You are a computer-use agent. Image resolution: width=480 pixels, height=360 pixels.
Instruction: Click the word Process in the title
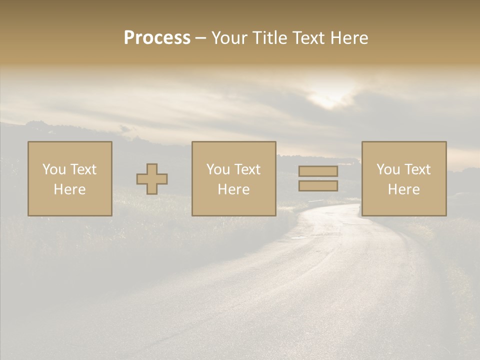tap(157, 37)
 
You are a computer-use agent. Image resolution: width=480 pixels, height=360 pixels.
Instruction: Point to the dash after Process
tap(200, 38)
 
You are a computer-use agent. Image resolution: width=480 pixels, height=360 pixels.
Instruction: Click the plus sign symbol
tap(152, 179)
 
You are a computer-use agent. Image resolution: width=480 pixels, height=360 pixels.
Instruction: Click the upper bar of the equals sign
tap(318, 171)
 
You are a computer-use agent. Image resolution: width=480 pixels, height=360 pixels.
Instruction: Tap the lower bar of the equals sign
tap(318, 186)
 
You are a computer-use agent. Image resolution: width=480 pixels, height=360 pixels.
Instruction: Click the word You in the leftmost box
tap(54, 169)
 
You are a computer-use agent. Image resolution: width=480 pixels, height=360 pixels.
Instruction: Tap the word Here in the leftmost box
tap(70, 189)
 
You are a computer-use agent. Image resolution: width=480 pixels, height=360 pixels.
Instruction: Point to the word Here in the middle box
tap(234, 189)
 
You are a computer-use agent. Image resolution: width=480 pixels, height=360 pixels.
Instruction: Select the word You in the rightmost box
tap(388, 169)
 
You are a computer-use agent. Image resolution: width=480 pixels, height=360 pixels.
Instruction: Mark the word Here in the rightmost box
tap(404, 189)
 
